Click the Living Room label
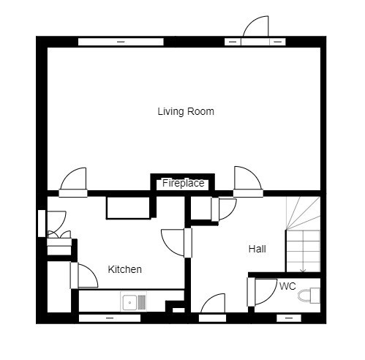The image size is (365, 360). [x=186, y=111]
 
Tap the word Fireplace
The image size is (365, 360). [x=184, y=183]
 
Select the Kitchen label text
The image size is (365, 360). [x=124, y=269]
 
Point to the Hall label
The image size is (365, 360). [x=257, y=249]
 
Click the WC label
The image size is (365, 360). [x=287, y=286]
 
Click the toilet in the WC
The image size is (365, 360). [x=309, y=296]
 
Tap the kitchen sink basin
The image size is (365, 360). [x=129, y=302]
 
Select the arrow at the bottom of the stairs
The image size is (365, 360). [x=303, y=269]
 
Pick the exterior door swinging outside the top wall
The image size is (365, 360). [x=256, y=26]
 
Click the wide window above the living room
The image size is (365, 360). [x=121, y=42]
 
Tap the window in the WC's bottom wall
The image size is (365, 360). [x=289, y=318]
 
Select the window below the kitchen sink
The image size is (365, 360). [x=110, y=318]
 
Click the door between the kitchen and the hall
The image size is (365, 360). [x=176, y=243]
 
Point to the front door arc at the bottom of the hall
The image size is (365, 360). [x=212, y=303]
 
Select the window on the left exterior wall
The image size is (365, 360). [x=42, y=223]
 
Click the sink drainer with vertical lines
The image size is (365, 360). [x=142, y=302]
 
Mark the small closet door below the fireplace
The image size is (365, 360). [x=225, y=209]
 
